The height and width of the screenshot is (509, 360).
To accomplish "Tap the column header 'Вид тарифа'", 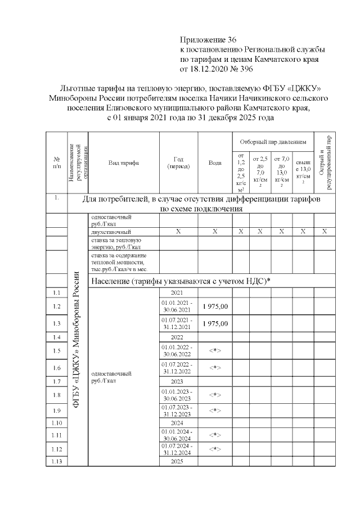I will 123,163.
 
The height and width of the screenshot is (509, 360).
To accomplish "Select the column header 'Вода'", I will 215,163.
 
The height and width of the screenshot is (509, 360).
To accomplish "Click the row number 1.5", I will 56,351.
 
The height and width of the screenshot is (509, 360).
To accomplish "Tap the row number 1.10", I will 56,422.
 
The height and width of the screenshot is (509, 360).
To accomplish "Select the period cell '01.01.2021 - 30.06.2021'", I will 177,307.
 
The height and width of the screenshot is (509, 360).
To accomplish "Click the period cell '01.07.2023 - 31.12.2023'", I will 177,410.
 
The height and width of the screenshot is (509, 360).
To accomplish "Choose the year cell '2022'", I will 177,337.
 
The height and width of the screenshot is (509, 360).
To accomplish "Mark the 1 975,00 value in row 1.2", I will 215,307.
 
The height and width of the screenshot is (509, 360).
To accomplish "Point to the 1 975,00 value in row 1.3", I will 215,324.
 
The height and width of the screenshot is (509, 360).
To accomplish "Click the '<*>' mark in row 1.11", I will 215,435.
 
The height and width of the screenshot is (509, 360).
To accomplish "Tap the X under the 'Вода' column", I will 215,232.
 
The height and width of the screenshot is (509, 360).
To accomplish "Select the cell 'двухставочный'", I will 111,232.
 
